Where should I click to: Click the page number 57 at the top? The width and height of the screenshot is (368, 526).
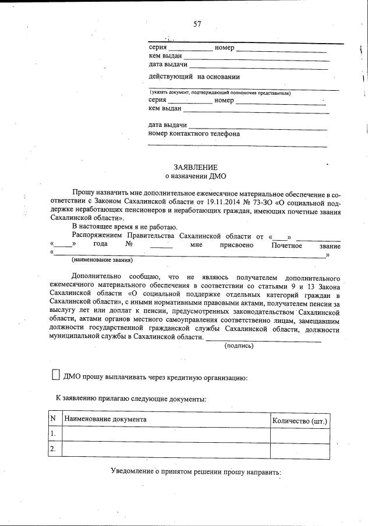197,24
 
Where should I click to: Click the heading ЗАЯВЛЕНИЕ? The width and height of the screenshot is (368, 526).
195,167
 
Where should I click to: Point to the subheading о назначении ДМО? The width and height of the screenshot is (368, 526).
195,176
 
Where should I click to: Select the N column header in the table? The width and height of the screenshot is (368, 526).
53,420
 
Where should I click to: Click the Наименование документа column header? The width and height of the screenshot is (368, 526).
105,420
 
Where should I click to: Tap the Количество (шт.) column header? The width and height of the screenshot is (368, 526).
299,420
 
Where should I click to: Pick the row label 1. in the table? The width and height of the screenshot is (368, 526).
54,434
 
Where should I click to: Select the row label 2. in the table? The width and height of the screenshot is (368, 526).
54,449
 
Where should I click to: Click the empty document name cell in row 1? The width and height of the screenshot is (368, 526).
165,434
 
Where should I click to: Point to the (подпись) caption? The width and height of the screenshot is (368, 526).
239,346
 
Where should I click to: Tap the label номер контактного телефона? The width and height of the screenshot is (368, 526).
194,134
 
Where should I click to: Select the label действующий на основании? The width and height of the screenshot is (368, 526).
194,77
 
